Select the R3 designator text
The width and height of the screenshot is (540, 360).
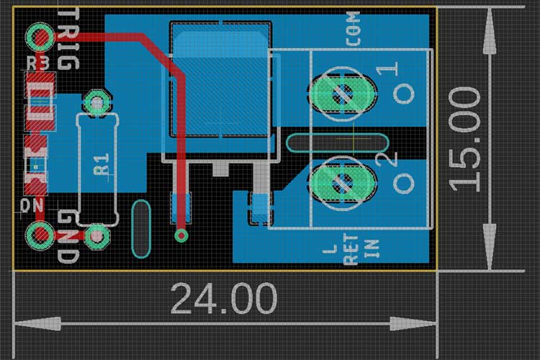tap(39, 63)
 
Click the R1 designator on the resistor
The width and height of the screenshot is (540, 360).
tap(102, 164)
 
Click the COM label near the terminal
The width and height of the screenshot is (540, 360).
tap(353, 30)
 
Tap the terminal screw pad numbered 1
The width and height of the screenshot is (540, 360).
tap(342, 93)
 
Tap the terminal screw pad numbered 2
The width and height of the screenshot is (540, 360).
tap(342, 183)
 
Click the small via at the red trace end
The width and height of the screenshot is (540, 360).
tap(181, 234)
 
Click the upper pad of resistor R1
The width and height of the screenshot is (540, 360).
tap(95, 104)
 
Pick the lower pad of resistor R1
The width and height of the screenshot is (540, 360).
tap(96, 235)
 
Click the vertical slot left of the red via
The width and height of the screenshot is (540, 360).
tap(140, 229)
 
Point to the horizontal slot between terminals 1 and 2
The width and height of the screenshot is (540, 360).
tap(336, 143)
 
